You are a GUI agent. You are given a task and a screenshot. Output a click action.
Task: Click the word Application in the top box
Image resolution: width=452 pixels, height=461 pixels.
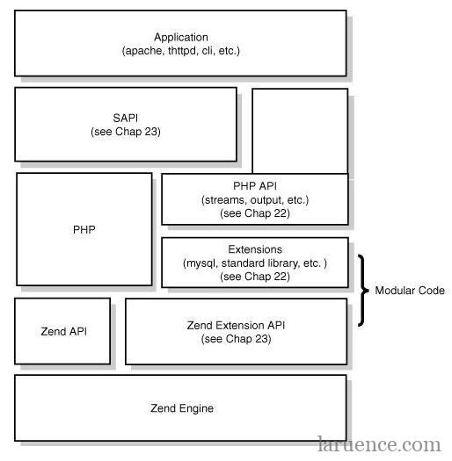click(x=181, y=38)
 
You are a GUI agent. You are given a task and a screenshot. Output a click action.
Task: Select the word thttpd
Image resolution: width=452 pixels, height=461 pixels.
click(x=182, y=51)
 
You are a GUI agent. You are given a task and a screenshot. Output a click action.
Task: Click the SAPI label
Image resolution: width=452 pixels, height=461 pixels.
click(x=126, y=118)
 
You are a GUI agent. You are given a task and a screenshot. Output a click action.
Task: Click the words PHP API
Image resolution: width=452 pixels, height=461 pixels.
click(x=255, y=186)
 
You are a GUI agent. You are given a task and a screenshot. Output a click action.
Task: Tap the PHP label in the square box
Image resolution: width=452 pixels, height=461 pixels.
click(x=84, y=229)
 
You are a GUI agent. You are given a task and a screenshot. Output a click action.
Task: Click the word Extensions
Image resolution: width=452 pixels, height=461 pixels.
click(x=255, y=249)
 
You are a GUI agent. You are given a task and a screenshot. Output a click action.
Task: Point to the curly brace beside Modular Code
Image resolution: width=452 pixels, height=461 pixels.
click(x=363, y=291)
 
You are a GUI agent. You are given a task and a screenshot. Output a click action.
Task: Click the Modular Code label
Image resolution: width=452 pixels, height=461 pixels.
click(x=410, y=291)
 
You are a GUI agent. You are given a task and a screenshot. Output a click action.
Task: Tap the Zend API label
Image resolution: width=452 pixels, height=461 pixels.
click(x=64, y=331)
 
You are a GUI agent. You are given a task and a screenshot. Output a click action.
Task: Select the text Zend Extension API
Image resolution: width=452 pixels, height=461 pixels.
click(x=237, y=325)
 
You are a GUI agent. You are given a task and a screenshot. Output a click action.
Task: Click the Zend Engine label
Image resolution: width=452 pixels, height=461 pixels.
click(x=182, y=408)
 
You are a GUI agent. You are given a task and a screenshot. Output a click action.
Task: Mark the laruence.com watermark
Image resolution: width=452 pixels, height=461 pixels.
click(x=380, y=444)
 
